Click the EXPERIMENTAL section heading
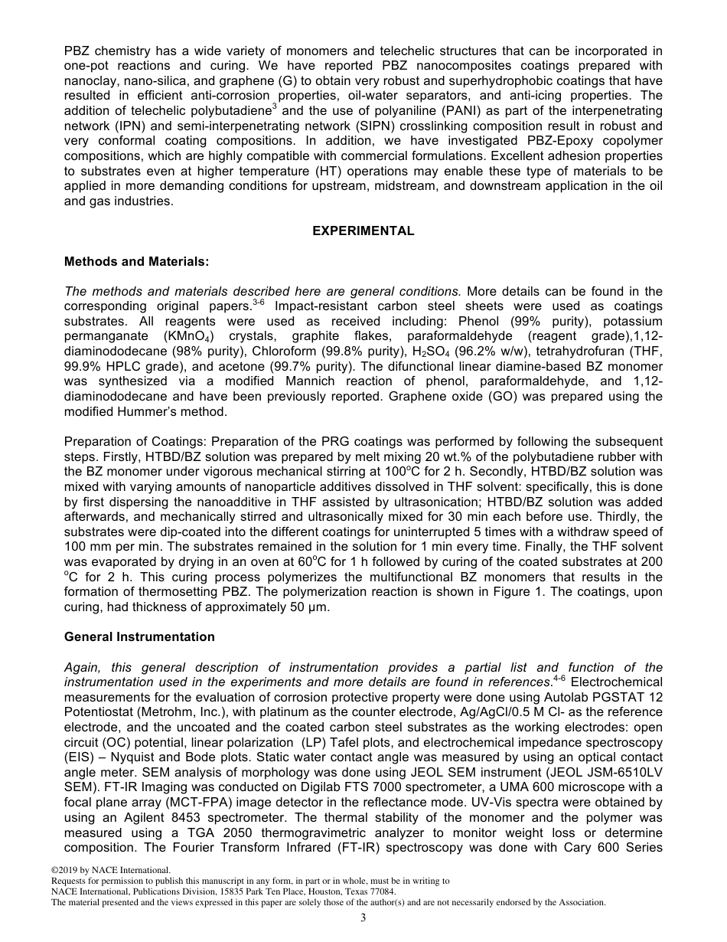363,231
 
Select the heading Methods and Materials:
136,262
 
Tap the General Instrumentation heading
139,637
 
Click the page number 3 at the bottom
363,918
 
